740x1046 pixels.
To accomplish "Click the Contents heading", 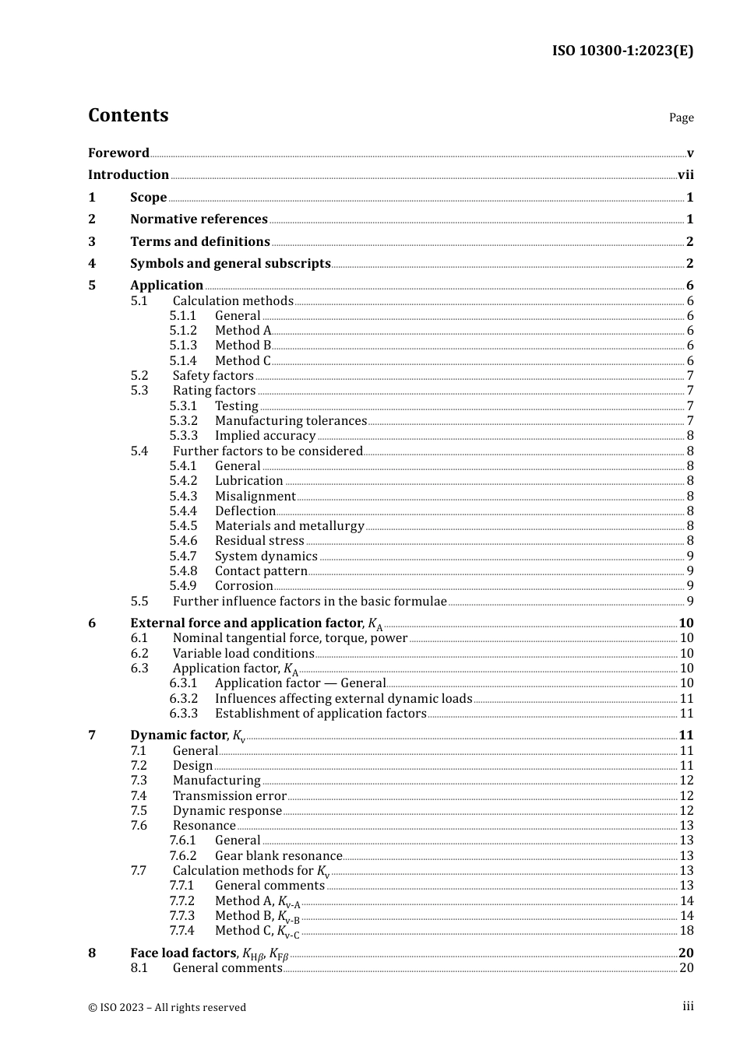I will pos(128,115).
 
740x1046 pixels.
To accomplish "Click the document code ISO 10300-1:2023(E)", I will pos(622,51).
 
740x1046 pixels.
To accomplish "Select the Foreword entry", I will pos(118,153).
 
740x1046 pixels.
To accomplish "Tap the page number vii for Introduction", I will pos(685,175).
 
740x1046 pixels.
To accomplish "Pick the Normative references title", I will pos(199,219).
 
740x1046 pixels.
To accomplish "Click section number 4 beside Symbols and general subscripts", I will pos(92,263).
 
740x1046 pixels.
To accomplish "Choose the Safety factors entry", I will pos(213,375).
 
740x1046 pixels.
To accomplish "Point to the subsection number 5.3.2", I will pos(183,421).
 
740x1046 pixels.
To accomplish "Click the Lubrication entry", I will pos(248,481).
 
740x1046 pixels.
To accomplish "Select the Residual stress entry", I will pos(259,541).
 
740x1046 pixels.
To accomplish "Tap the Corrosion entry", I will pos(244,586).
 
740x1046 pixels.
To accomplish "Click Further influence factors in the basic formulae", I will pos(309,601).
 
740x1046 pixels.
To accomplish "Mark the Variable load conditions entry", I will pos(243,654).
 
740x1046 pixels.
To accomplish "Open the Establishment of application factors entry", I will pos(320,714).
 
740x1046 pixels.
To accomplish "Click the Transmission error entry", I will pos(229,796).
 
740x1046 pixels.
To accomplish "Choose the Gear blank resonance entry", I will pos(278,856).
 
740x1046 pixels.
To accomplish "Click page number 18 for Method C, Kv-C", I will pos(686,931).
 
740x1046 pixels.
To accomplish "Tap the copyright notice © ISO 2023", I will pos(167,1007).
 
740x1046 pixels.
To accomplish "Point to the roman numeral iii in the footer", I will pos(688,1006).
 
